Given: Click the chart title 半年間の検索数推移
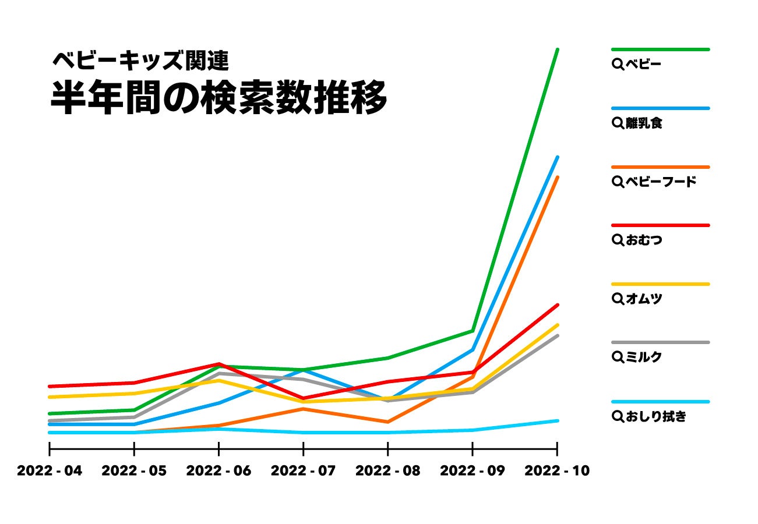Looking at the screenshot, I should (218, 97).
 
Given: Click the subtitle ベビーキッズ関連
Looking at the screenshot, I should (140, 59).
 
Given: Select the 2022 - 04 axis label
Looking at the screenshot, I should (50, 470).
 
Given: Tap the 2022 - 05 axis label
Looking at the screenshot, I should (134, 470).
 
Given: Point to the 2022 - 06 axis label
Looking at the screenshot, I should (218, 470).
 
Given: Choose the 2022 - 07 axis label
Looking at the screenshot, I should (304, 470).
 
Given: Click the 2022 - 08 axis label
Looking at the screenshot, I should (388, 470).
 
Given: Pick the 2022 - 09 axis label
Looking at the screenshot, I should (473, 470).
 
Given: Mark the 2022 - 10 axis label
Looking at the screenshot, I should (557, 470).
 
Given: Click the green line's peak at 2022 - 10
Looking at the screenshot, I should (558, 49).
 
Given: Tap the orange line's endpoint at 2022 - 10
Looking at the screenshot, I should (558, 177).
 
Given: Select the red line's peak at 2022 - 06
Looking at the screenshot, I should (219, 364).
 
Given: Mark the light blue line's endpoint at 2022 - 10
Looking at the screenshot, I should (558, 420).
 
